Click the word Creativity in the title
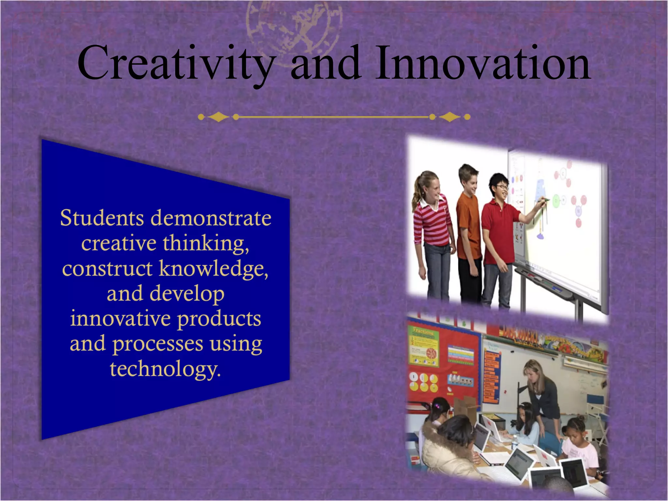(176, 64)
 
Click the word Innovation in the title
(483, 64)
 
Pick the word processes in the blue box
(158, 344)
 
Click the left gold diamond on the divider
(218, 117)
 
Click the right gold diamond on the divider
(450, 117)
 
